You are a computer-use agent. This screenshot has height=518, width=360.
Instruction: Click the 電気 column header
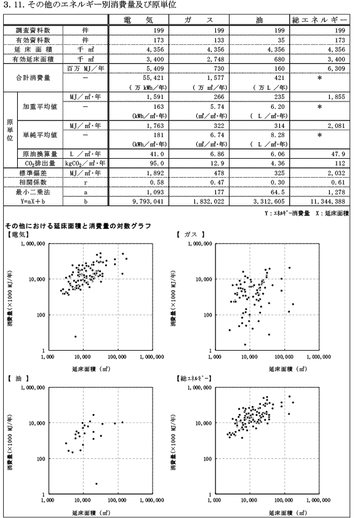point(138,20)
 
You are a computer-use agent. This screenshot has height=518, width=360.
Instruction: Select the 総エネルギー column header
point(319,20)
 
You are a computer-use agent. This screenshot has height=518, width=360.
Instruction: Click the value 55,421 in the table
point(153,78)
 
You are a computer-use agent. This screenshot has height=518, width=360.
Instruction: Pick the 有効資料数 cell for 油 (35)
point(281,41)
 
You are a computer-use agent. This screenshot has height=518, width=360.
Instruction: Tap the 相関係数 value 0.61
point(338,182)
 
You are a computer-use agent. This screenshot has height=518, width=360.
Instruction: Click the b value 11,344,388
point(327,201)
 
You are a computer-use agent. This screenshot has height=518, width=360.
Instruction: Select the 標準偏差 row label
point(33,173)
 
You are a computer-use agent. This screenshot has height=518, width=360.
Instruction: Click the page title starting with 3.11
point(89,5)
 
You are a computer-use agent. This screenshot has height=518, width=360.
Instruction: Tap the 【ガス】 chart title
point(190,234)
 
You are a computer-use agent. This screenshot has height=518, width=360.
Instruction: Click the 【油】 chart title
point(18,378)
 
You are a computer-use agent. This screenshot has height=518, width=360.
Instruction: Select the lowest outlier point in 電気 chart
point(75,337)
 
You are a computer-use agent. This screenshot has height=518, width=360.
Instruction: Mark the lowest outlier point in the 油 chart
point(96,484)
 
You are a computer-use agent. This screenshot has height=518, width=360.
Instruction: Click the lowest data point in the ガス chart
point(245,345)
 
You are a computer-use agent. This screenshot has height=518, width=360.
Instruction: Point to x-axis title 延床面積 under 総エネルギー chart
point(287,512)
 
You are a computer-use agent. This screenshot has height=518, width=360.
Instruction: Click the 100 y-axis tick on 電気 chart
point(41,315)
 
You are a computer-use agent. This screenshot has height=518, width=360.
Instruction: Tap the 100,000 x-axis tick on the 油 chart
point(117,500)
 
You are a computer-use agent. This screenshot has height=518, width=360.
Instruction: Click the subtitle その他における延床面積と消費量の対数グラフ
point(78,226)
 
